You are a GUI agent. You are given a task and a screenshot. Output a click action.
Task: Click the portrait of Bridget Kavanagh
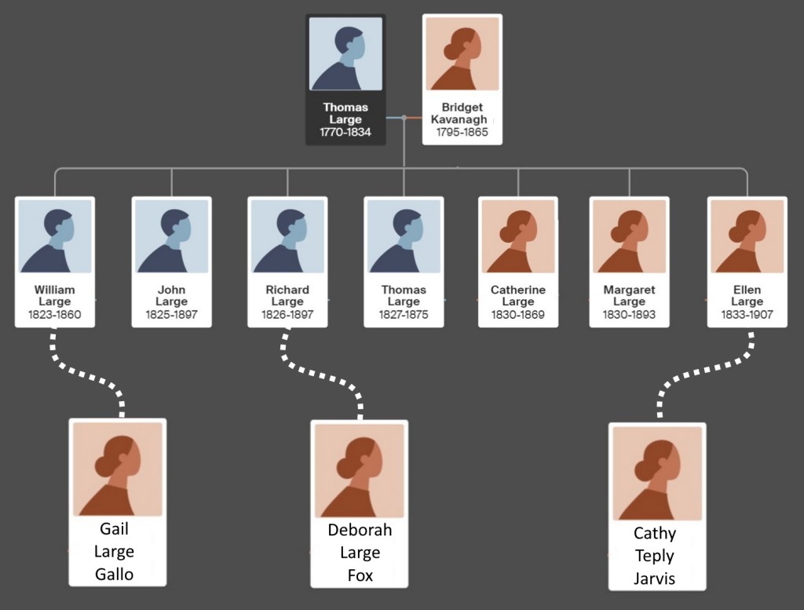tap(462, 54)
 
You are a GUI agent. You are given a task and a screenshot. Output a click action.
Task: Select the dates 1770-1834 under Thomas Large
tap(345, 132)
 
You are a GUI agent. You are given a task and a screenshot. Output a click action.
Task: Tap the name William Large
tap(55, 296)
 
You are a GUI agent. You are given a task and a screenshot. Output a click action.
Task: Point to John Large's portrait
tap(171, 236)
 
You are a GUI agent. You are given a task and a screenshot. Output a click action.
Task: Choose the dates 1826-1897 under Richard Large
tap(287, 315)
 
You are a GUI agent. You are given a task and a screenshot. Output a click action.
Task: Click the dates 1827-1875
tap(404, 315)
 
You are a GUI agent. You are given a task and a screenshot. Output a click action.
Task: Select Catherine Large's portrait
tap(518, 236)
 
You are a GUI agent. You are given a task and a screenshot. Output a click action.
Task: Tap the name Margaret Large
tap(629, 296)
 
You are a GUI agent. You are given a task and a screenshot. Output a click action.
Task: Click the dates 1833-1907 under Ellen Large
tap(747, 315)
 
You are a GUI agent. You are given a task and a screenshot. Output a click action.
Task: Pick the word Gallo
tap(115, 574)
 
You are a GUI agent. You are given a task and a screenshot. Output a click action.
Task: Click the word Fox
tap(360, 575)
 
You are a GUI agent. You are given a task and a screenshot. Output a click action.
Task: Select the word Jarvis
tap(655, 579)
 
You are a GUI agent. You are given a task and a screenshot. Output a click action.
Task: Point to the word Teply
tap(655, 556)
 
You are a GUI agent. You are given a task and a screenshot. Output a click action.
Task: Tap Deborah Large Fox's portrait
tap(360, 469)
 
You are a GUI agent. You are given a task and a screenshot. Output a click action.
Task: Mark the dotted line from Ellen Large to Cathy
tap(707, 369)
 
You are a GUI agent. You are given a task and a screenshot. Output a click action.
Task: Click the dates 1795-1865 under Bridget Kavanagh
tap(462, 132)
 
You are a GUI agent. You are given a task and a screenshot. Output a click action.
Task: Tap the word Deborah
tap(360, 530)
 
